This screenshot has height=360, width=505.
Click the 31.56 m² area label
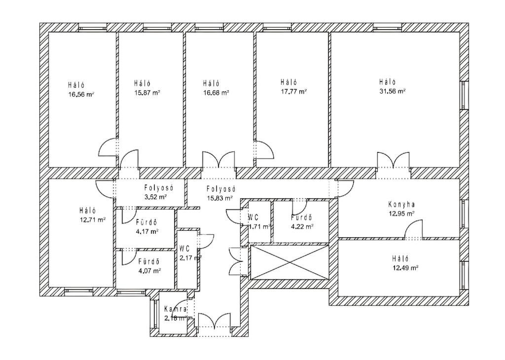tap(392, 91)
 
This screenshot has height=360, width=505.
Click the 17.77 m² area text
tap(294, 91)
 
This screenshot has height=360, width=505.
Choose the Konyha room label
tap(401, 204)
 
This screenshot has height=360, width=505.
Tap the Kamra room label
tap(175, 309)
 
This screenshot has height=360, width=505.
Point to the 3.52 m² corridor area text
tap(155, 197)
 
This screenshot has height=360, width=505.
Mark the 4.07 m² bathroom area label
tap(149, 270)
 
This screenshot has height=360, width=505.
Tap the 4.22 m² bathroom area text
tap(302, 227)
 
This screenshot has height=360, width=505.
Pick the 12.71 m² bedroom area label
tap(92, 220)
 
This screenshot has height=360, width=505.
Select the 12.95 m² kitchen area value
tap(401, 214)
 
